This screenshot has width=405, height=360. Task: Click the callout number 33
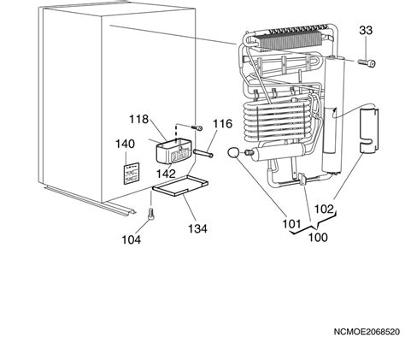click(366, 30)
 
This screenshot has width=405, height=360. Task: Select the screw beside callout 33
click(367, 62)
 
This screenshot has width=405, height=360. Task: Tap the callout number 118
click(139, 119)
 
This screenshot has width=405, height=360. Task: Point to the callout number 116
click(223, 124)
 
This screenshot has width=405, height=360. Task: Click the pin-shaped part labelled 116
click(203, 153)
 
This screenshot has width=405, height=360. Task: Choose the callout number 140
click(125, 144)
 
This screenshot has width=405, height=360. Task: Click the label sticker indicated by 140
click(132, 174)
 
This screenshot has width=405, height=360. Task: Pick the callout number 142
click(166, 174)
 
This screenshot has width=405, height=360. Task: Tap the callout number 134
click(197, 228)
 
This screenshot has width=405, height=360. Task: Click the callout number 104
click(132, 239)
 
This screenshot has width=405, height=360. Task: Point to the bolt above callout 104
click(151, 214)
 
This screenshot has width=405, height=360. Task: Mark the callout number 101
click(291, 224)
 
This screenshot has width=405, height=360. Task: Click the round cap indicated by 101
click(234, 152)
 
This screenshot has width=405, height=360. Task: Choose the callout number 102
click(324, 210)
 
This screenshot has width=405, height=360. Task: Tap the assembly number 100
click(318, 237)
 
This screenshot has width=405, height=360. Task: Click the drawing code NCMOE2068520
click(367, 332)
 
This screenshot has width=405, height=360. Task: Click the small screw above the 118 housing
click(197, 127)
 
